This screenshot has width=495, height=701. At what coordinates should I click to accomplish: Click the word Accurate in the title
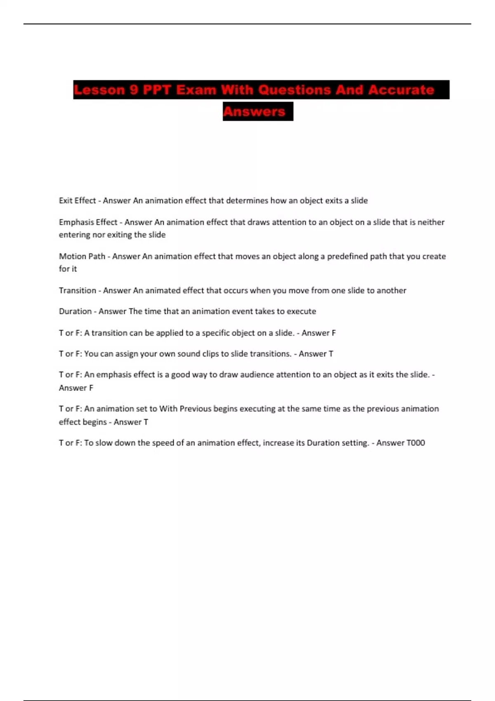tap(401, 90)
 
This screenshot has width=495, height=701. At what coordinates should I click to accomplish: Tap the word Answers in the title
tap(254, 111)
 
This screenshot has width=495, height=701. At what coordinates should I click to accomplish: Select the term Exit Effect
tap(77, 201)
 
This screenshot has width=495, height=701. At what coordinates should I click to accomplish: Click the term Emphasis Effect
tap(88, 222)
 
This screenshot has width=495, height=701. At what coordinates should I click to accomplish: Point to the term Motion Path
tap(82, 256)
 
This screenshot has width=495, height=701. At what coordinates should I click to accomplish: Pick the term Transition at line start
tap(77, 291)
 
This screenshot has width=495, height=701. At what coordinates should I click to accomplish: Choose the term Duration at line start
tap(75, 311)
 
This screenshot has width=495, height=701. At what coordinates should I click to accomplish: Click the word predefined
tap(346, 256)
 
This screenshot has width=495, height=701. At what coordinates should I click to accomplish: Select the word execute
tap(302, 311)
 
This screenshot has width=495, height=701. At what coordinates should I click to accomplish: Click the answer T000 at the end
tap(416, 443)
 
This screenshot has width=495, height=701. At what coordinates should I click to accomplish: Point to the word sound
tap(189, 354)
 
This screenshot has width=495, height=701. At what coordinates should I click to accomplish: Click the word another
tap(391, 291)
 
